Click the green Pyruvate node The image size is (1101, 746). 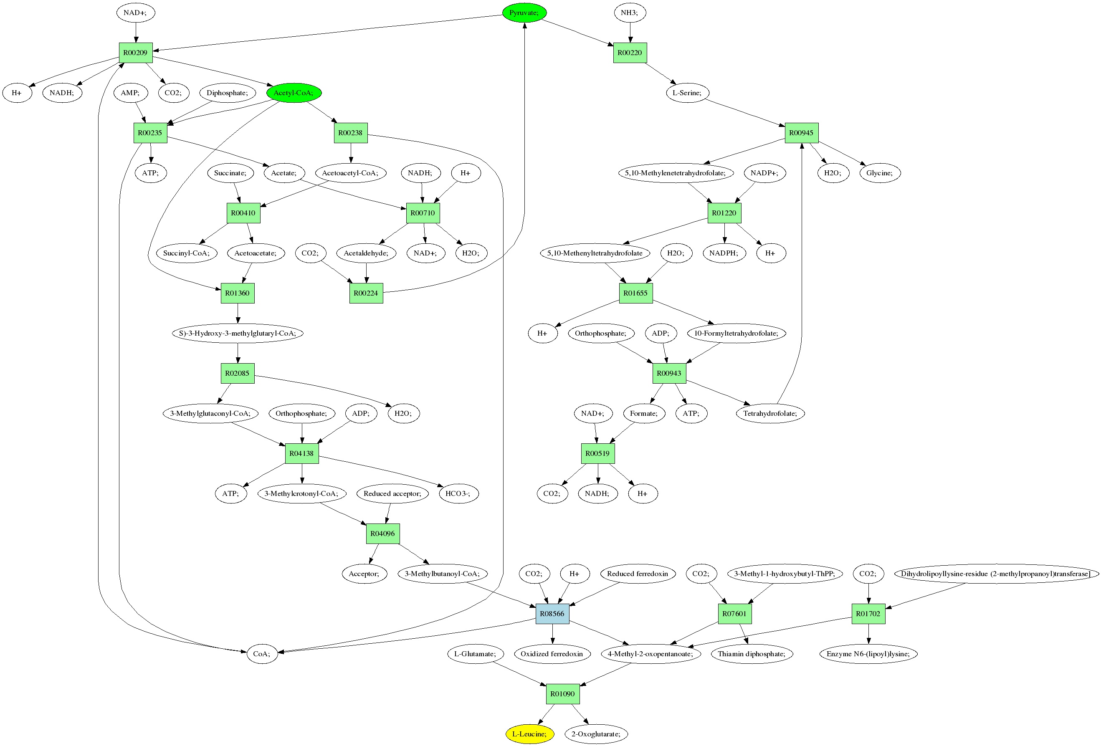point(524,13)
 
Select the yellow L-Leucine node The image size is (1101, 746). point(529,734)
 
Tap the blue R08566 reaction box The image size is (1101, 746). point(552,613)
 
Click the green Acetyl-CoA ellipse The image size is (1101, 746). point(294,93)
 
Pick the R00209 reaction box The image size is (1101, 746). point(136,53)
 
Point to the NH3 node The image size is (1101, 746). point(630,13)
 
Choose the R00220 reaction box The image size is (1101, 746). point(630,53)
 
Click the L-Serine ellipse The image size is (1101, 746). point(687,93)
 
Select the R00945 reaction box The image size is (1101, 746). point(801,133)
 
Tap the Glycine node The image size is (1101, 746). point(880,173)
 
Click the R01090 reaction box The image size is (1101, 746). point(562,694)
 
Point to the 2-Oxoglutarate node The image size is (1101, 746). point(596,734)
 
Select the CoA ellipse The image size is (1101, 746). point(261,654)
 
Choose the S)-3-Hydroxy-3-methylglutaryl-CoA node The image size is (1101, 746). point(237,333)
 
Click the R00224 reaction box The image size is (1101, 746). point(366,293)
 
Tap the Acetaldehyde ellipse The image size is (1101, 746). point(366,253)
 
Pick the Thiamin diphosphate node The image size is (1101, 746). point(752,654)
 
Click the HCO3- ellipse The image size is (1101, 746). point(458,493)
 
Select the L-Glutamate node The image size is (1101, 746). point(475,654)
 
